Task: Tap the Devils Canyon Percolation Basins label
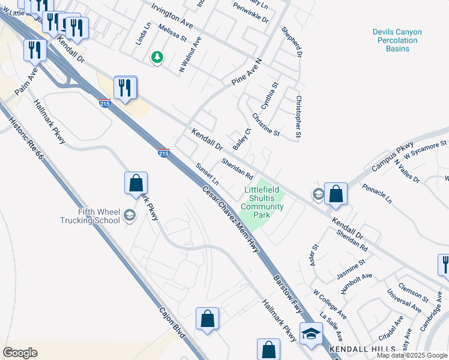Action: coord(397,40)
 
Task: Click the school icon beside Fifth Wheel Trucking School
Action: coord(129,215)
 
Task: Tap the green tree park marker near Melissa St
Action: coord(157,57)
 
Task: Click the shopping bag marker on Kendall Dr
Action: coord(336,194)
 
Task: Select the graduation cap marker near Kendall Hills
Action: coord(311,334)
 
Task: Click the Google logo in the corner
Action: coord(20,353)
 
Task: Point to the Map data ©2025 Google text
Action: coord(412,355)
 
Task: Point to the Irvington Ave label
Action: coord(172,16)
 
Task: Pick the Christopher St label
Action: coord(298,115)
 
